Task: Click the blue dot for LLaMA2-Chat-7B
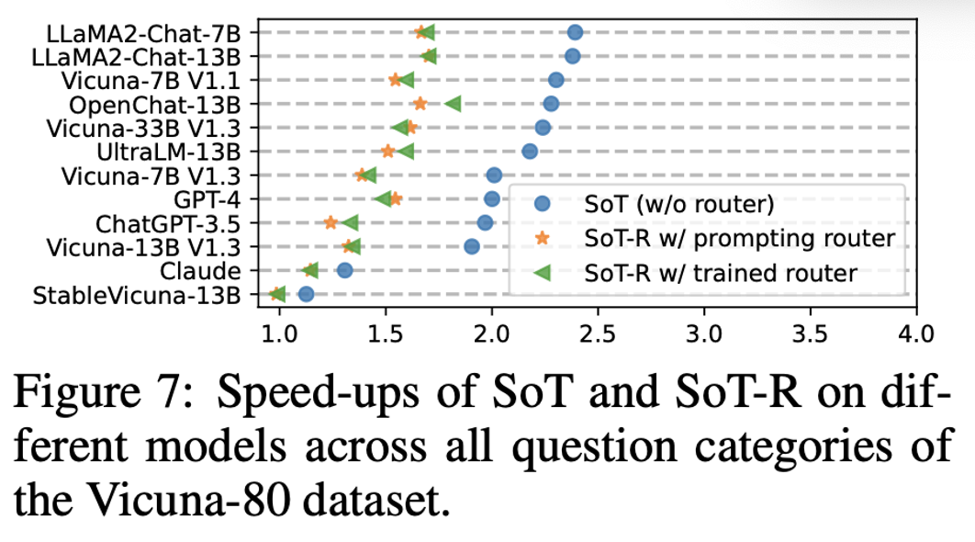point(575,32)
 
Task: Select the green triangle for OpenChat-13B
point(453,104)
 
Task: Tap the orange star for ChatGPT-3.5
point(331,222)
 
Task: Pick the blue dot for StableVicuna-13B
point(306,294)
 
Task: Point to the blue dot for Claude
point(344,270)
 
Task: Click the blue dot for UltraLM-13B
point(530,151)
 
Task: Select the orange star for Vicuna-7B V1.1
point(396,80)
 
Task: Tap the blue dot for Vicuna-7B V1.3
point(494,175)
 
